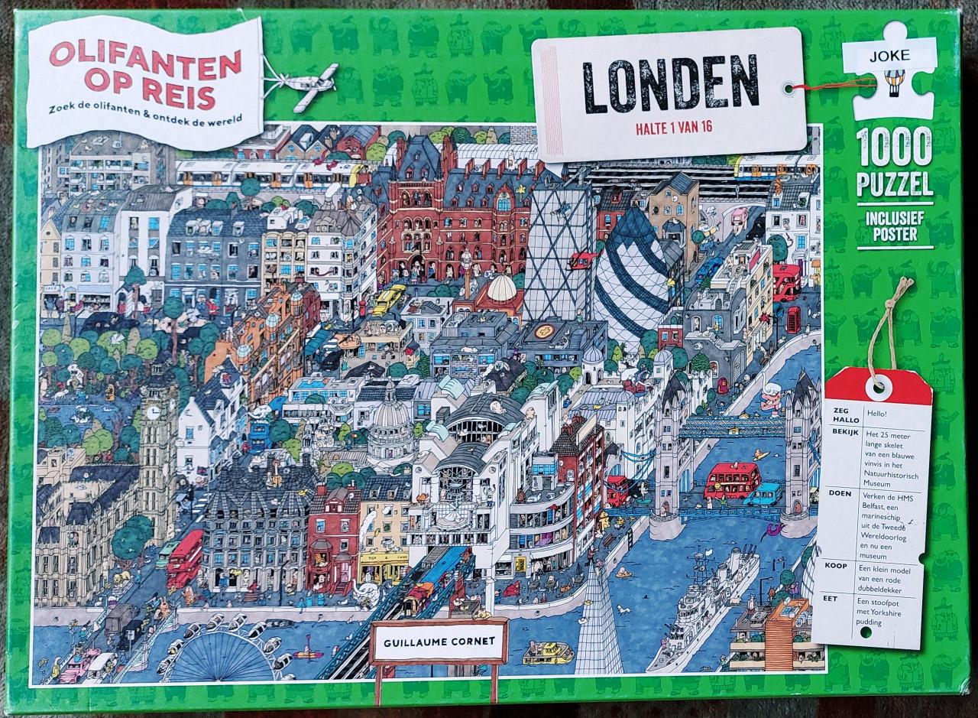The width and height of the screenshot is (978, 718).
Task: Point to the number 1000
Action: click(x=894, y=148)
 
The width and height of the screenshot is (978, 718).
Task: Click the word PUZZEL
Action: click(x=895, y=184)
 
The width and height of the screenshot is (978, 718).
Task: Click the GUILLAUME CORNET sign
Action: click(x=438, y=643)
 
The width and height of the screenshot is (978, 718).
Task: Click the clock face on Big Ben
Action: click(x=154, y=412)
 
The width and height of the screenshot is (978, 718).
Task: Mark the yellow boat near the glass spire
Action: click(x=548, y=652)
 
